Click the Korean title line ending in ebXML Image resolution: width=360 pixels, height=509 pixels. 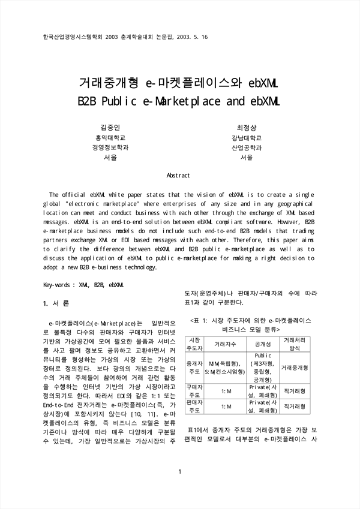(179, 82)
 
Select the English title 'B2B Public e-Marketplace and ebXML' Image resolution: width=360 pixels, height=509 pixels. (179, 101)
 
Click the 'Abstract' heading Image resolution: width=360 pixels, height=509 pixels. (178, 175)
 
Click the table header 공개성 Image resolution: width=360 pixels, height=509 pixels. (262, 344)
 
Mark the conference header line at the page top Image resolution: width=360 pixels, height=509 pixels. (126, 37)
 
